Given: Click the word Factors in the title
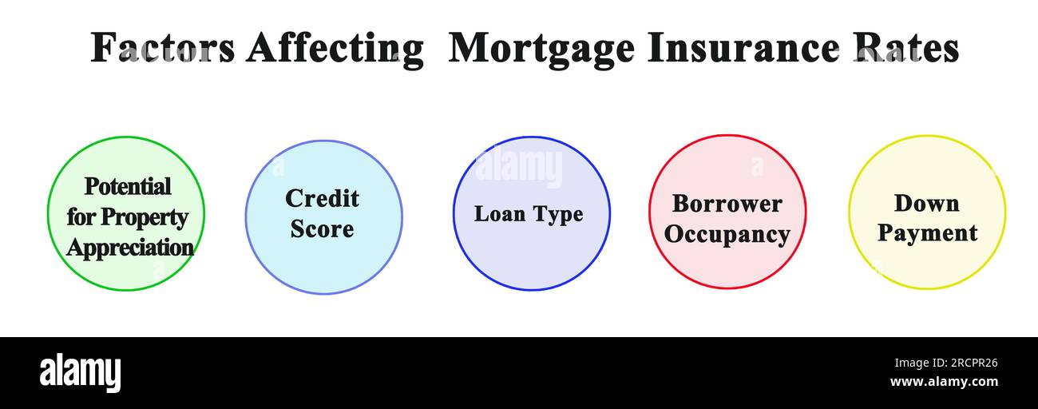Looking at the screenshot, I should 162,48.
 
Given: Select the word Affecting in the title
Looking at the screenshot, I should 335,48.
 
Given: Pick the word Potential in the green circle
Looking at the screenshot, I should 128,186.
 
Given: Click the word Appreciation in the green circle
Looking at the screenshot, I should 129,247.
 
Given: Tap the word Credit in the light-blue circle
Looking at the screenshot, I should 322,198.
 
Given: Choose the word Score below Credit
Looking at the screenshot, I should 322,229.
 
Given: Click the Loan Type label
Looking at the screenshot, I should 529,214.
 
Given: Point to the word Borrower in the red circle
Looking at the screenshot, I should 727,204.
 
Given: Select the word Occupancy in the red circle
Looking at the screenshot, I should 727,235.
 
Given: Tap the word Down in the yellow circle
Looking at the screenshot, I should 926,204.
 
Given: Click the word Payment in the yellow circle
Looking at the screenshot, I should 927,233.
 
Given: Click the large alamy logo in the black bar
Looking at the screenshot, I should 80,372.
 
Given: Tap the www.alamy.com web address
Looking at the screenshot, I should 943,382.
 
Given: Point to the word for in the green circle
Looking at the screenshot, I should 80,217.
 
